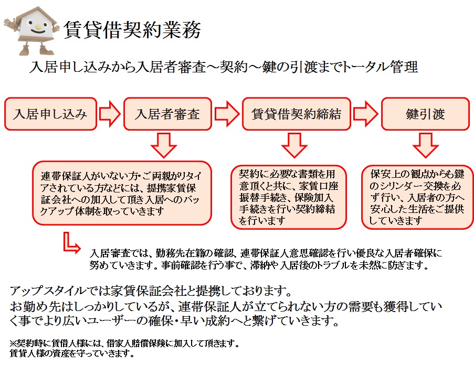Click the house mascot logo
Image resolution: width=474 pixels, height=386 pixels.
pyautogui.click(x=33, y=30)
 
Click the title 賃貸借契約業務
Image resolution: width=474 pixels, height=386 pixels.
pyautogui.click(x=132, y=30)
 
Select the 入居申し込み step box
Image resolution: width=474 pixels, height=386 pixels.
pyautogui.click(x=50, y=114)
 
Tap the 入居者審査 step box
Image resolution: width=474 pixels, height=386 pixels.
pyautogui.click(x=167, y=114)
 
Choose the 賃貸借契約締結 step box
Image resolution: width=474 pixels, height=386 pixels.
pyautogui.click(x=296, y=114)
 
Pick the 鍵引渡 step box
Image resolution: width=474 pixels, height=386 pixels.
pyautogui.click(x=425, y=114)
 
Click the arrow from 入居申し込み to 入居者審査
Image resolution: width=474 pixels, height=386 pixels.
pyautogui.click(x=110, y=114)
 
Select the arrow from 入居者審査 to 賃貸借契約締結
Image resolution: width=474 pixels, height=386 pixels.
pyautogui.click(x=227, y=114)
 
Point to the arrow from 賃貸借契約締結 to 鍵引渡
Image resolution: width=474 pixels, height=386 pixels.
pyautogui.click(x=365, y=114)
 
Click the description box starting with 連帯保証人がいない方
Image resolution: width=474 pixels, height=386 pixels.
pyautogui.click(x=121, y=192)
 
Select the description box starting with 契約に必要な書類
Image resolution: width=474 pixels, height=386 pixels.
pyautogui.click(x=289, y=197)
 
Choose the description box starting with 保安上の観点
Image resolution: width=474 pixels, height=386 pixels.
pyautogui.click(x=417, y=197)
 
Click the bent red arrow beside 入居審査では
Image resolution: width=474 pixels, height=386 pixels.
pyautogui.click(x=70, y=242)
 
